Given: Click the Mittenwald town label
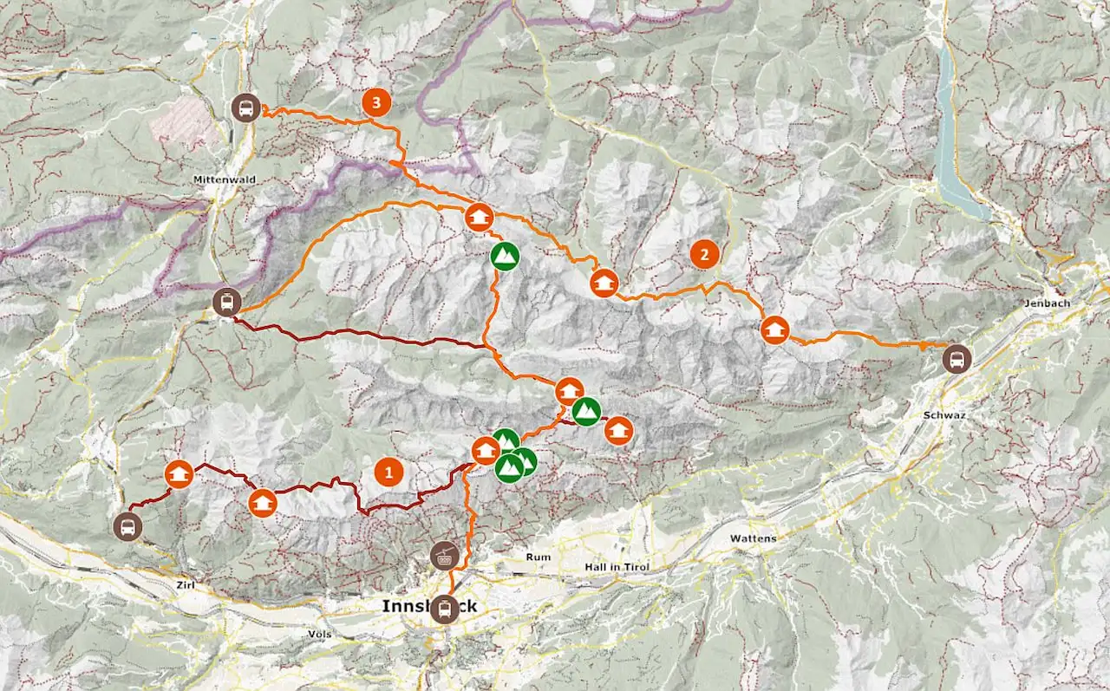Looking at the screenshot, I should pos(215,180).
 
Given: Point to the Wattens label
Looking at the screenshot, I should pos(754,538).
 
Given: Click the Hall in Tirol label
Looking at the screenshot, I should pos(616,566).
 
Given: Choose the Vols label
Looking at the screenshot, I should pos(319,634).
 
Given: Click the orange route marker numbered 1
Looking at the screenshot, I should pos(388,473).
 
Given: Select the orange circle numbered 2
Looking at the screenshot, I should pos(704,255).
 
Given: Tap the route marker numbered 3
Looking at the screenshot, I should pos(375,103).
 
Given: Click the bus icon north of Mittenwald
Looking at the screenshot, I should pos(247,108).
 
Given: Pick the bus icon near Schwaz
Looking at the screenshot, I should pos(957,357).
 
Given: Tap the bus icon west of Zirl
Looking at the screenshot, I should pos(127,526).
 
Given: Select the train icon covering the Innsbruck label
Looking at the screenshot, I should pos(445,610).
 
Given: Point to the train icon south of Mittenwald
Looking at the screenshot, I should pos(226,303).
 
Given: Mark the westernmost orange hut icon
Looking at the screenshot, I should pos(179,474).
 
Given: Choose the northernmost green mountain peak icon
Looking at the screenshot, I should pos(505,256).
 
